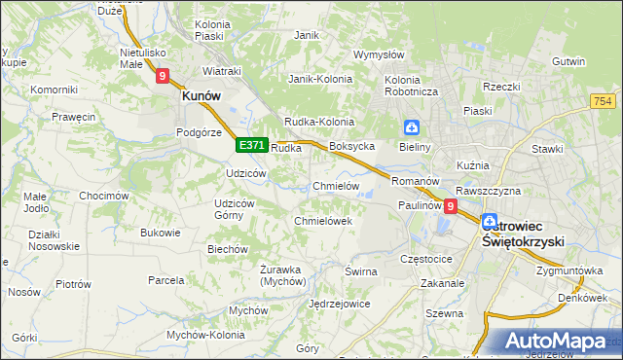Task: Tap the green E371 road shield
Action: point(251,145)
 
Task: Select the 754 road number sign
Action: point(602,102)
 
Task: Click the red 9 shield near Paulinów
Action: point(450,206)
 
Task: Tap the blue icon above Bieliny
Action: point(412,127)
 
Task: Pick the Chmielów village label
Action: point(337,186)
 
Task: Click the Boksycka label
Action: point(352,146)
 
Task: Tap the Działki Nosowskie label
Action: point(55,240)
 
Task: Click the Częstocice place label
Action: point(426,260)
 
